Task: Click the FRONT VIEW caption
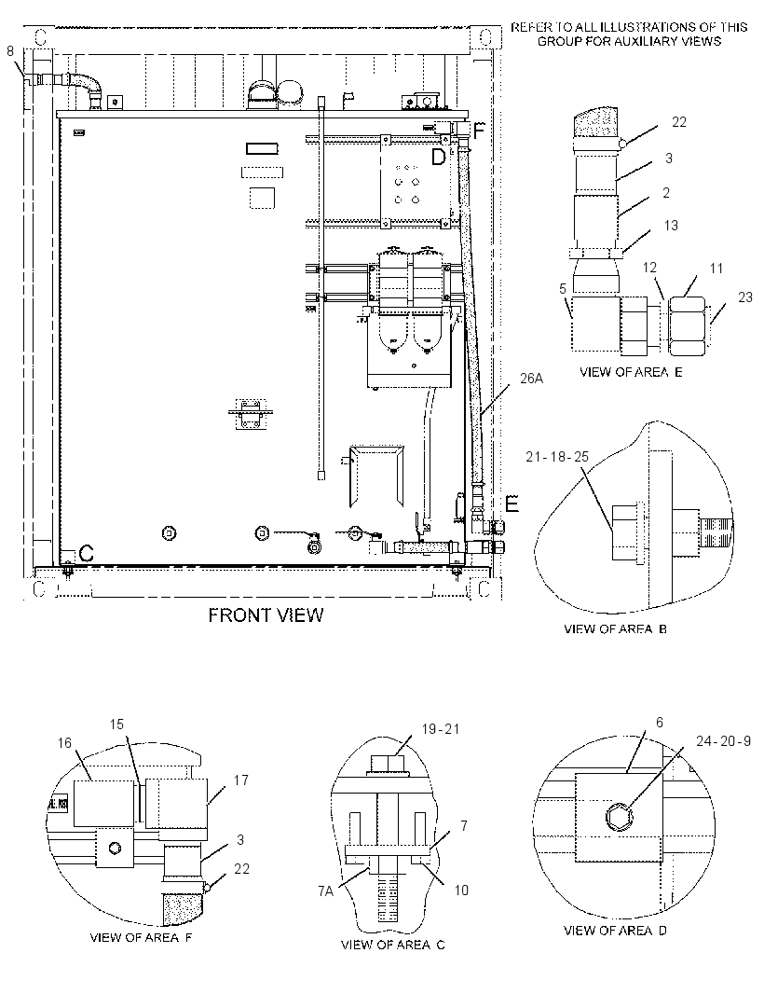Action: point(266,614)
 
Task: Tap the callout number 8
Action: point(10,50)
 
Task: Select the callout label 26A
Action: point(531,379)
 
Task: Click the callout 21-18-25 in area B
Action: point(557,456)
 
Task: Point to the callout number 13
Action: point(671,225)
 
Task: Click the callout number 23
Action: point(745,297)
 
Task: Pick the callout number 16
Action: point(64,743)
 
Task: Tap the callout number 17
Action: point(240,780)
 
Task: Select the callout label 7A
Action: point(325,892)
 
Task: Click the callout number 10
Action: point(461,890)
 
